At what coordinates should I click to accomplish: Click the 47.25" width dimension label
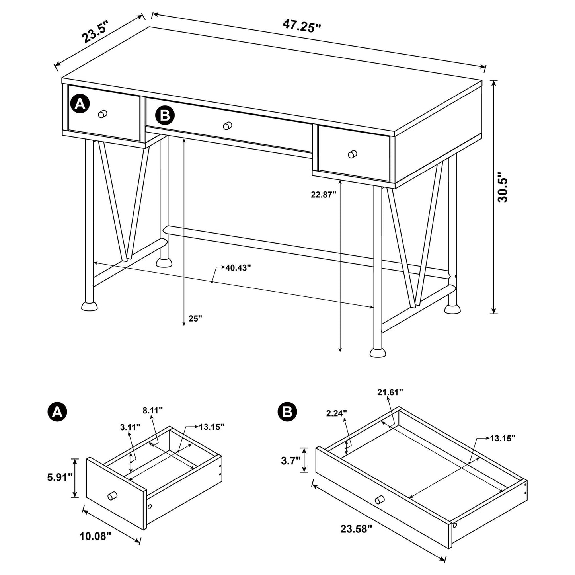[x=302, y=26]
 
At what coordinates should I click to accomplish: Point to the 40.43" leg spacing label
[x=238, y=268]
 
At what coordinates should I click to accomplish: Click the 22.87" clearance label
[x=324, y=194]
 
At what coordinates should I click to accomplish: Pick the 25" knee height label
[x=195, y=318]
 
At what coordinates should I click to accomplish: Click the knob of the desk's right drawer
[x=352, y=154]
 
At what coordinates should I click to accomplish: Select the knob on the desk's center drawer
[x=228, y=126]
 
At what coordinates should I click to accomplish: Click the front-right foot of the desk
[x=378, y=352]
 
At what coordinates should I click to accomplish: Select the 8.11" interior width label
[x=153, y=411]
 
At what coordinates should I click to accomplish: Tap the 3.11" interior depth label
[x=130, y=427]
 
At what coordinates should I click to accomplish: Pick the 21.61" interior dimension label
[x=390, y=392]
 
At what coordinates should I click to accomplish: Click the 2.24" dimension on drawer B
[x=337, y=413]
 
